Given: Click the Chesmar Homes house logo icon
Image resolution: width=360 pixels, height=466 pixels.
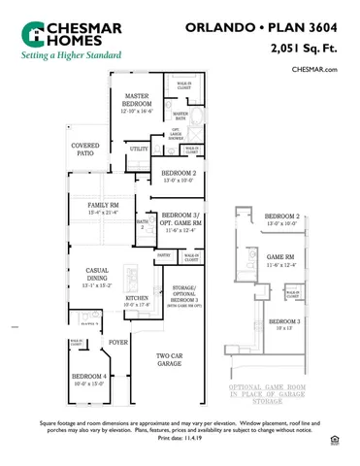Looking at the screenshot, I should [x=34, y=33].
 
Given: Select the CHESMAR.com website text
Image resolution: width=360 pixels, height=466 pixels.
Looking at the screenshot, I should [x=313, y=70].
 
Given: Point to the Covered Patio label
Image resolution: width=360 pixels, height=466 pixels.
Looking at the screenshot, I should [x=85, y=150].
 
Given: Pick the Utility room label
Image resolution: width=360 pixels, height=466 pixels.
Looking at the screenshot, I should [x=139, y=150].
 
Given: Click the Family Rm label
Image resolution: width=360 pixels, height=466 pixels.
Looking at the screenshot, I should [x=103, y=206].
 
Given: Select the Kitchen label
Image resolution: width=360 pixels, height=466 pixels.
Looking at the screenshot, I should [x=137, y=298].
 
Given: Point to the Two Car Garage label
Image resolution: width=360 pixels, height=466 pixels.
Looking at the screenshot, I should [x=171, y=360].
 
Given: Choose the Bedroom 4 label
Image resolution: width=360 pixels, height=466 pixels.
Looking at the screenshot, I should [x=91, y=378].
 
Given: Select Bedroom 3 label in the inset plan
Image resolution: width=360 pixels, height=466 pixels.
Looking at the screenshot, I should [x=284, y=321].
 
